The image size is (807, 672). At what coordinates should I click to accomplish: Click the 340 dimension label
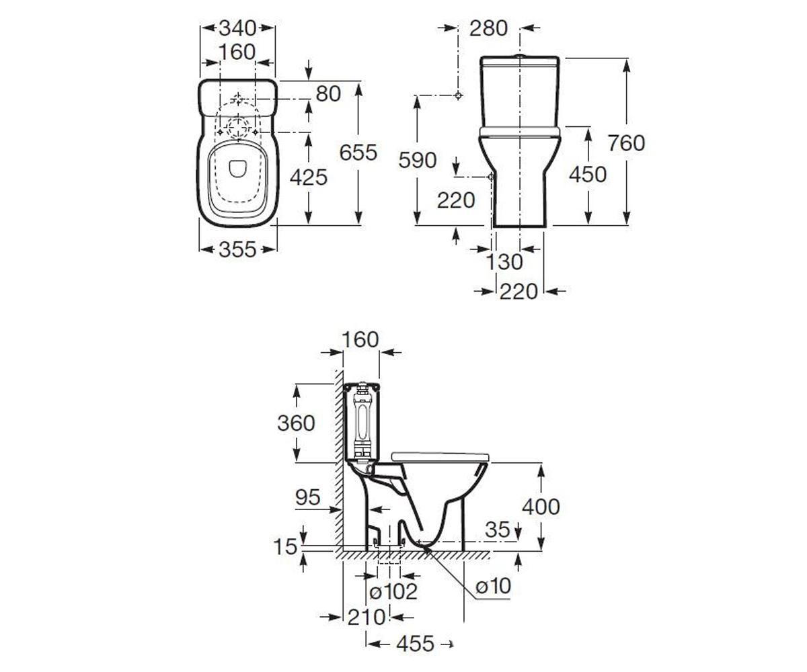pos(237,28)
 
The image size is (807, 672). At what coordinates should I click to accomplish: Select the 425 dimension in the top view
pos(309,177)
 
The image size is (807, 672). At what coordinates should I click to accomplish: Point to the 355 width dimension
pos(237,249)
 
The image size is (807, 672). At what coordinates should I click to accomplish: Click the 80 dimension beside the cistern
pos(328,93)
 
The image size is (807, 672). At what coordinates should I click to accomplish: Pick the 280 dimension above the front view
pos(488,28)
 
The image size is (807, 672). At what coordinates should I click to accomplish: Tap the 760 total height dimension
pos(626,143)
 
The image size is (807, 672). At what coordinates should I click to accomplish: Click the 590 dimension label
pos(418,160)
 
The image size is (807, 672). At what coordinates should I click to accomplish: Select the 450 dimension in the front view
pos(588,175)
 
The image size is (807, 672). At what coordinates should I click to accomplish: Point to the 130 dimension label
pos(504,262)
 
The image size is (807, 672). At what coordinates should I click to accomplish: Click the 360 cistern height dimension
pos(296,423)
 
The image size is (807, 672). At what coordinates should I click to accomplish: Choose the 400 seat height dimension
pos(541,507)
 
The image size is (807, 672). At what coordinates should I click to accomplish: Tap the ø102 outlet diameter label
pos(393,591)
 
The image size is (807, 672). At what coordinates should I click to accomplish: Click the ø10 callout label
pos(493,586)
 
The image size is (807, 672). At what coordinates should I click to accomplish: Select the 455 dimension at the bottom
pos(416,643)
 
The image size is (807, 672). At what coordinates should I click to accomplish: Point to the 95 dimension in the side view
pos(307,497)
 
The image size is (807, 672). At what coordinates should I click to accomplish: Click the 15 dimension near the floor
pos(285,547)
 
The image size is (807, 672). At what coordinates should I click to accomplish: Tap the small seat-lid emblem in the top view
pos(237,169)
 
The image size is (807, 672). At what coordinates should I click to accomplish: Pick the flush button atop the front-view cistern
pos(520,56)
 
